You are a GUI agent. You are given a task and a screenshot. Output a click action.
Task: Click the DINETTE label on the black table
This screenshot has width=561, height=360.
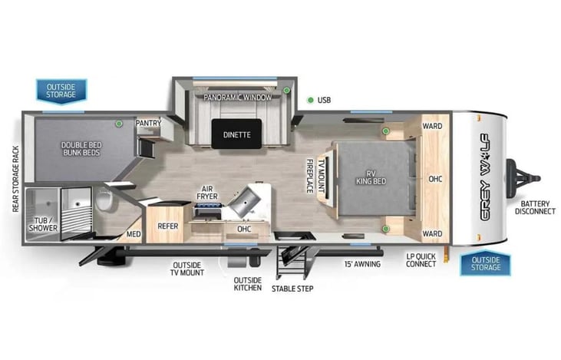(236, 135)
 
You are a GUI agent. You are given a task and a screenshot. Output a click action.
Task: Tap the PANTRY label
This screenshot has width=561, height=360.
(148, 123)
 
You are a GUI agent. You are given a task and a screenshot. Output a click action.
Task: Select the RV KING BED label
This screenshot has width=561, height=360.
(371, 177)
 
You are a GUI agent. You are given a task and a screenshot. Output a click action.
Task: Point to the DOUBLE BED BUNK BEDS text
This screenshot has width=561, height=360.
(81, 149)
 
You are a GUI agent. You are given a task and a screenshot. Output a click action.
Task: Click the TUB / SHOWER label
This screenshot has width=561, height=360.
(43, 224)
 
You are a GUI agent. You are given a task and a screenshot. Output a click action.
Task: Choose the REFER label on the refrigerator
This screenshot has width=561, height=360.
(168, 226)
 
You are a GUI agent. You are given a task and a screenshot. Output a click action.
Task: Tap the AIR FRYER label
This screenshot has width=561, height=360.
(206, 193)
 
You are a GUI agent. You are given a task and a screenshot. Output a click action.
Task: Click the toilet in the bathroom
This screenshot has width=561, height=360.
(104, 200)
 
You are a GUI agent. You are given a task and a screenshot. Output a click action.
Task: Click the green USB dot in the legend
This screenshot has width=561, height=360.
(311, 101)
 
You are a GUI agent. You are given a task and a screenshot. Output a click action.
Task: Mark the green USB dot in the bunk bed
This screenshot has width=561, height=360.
(119, 124)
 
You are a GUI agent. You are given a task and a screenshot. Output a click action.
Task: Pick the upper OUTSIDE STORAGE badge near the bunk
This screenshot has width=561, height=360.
(61, 91)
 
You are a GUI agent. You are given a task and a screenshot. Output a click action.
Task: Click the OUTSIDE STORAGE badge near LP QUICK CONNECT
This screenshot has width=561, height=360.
(486, 264)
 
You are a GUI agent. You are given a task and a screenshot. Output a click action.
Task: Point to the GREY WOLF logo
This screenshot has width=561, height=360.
(485, 177)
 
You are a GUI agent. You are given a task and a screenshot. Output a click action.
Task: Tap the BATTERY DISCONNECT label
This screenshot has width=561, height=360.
(535, 207)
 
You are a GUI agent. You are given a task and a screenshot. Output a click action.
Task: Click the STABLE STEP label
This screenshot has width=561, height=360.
(292, 289)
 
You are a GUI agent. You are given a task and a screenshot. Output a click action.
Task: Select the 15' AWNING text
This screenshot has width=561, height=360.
(362, 264)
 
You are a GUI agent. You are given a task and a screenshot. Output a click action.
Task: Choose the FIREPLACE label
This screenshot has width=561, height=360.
(310, 176)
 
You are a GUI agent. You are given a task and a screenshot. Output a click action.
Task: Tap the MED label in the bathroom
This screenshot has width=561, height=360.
(134, 234)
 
